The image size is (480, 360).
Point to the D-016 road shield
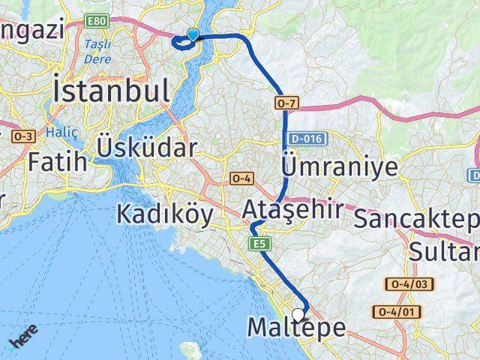click(x=306, y=139)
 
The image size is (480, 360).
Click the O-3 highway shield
click(x=24, y=136)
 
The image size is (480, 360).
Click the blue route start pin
click(x=193, y=34)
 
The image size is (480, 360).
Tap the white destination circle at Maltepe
click(x=298, y=315)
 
